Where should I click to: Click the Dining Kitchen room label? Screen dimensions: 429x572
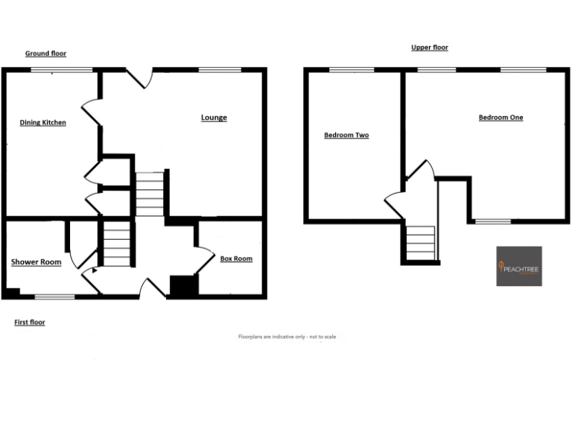(42, 122)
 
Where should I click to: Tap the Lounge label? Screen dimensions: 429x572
(214, 118)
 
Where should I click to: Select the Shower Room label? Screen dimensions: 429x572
(36, 261)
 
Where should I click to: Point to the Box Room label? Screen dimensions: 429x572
(236, 258)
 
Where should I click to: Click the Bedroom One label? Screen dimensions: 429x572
(500, 117)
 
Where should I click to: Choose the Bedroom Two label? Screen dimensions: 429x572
(346, 135)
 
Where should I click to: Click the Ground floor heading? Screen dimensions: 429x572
(45, 54)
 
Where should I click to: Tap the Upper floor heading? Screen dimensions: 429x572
(430, 48)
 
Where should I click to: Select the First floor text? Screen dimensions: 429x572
(30, 322)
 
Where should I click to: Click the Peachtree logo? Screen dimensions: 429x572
(519, 266)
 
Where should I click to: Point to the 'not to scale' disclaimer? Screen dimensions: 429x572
(287, 337)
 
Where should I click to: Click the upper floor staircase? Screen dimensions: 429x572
(421, 243)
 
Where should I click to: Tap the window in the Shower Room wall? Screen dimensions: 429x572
(54, 296)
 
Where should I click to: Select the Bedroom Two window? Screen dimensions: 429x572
(352, 70)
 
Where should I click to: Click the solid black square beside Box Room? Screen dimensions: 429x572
(182, 286)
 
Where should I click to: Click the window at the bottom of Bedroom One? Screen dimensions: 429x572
(493, 221)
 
